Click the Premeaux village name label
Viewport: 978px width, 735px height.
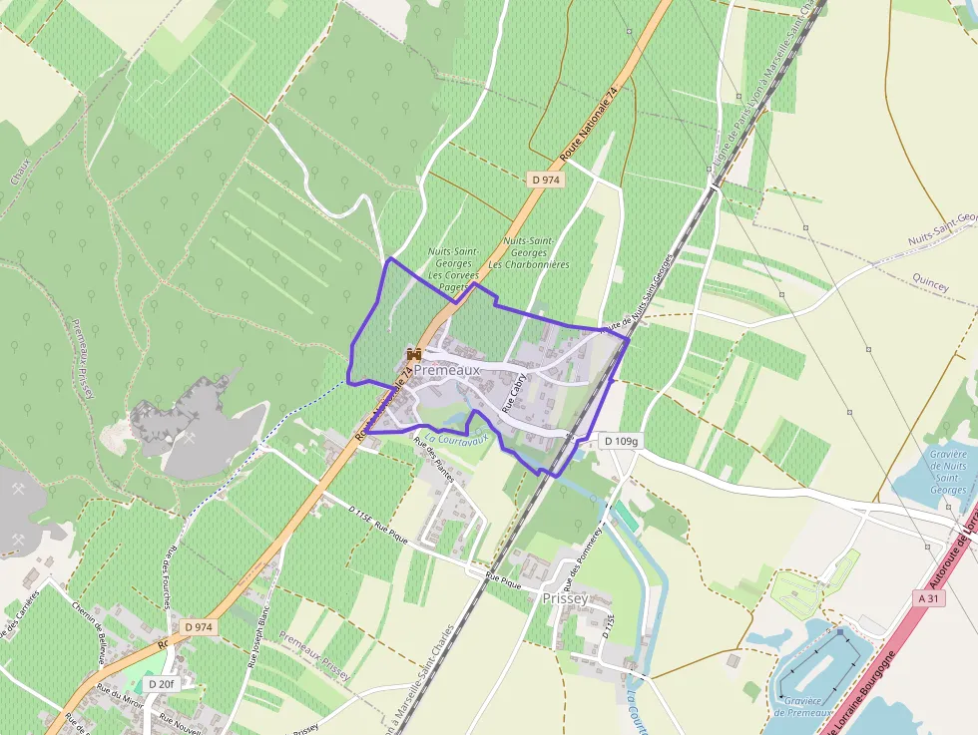447,370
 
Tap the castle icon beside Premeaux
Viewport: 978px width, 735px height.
413,354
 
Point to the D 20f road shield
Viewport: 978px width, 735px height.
161,684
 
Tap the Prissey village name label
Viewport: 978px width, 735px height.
564,598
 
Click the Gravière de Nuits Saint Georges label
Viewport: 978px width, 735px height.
947,472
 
